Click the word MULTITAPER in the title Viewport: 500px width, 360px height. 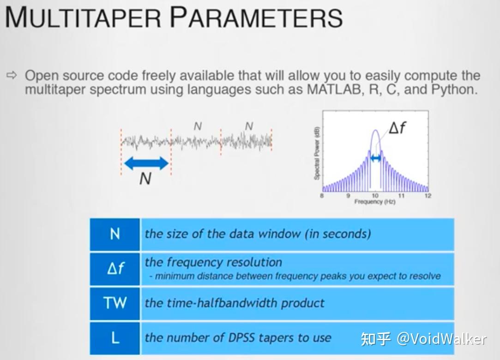[83, 17]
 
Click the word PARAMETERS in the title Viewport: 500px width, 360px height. [256, 17]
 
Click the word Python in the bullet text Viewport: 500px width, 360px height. [453, 90]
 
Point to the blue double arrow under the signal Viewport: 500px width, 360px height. [146, 163]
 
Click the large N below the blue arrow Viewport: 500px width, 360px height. [145, 178]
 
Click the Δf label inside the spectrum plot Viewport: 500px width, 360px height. [398, 127]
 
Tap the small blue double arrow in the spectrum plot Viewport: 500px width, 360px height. [375, 158]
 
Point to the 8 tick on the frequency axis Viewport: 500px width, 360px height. [322, 196]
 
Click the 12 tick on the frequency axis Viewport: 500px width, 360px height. [427, 196]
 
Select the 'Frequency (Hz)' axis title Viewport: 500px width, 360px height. [374, 202]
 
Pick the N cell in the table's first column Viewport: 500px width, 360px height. [115, 234]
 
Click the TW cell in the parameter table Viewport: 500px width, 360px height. [115, 303]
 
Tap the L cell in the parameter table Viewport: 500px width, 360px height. [115, 338]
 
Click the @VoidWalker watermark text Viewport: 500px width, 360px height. [441, 339]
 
